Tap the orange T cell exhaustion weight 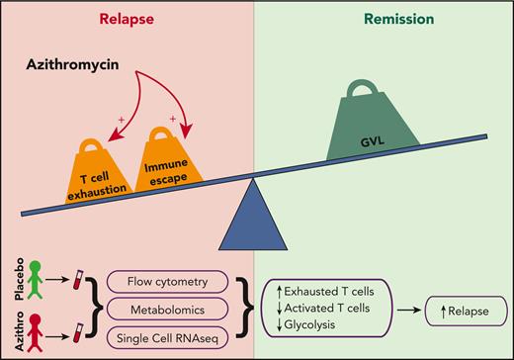pos(104,164)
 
